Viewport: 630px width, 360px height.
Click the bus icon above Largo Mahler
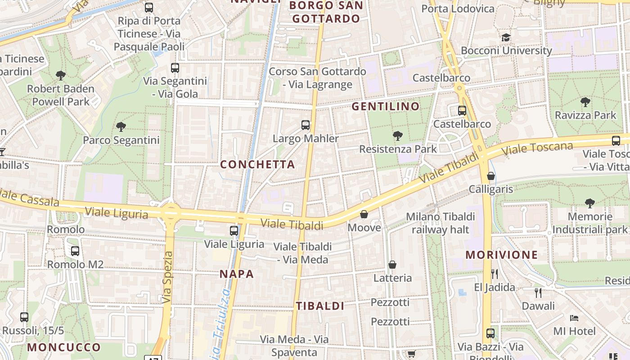[306, 125]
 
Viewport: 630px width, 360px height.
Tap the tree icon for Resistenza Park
[397, 135]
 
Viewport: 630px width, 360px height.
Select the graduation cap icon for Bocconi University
[506, 37]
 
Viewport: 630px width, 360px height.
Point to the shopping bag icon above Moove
[364, 214]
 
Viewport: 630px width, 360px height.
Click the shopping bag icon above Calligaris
[491, 176]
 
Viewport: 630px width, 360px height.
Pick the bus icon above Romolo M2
[75, 251]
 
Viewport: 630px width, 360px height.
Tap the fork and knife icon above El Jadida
[495, 274]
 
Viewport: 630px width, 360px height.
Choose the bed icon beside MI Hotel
[574, 318]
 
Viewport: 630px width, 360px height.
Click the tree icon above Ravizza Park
[585, 102]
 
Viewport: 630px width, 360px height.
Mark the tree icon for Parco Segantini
[121, 127]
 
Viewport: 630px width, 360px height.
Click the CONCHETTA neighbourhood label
[257, 165]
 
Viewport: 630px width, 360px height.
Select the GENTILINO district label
[385, 107]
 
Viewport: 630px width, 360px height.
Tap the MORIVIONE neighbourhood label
[501, 255]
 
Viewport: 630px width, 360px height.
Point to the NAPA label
[237, 274]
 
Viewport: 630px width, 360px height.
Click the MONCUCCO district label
[64, 347]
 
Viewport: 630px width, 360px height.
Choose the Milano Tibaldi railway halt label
[440, 223]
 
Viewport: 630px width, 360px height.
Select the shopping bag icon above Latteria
[392, 265]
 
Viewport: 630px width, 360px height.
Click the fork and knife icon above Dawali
[538, 292]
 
